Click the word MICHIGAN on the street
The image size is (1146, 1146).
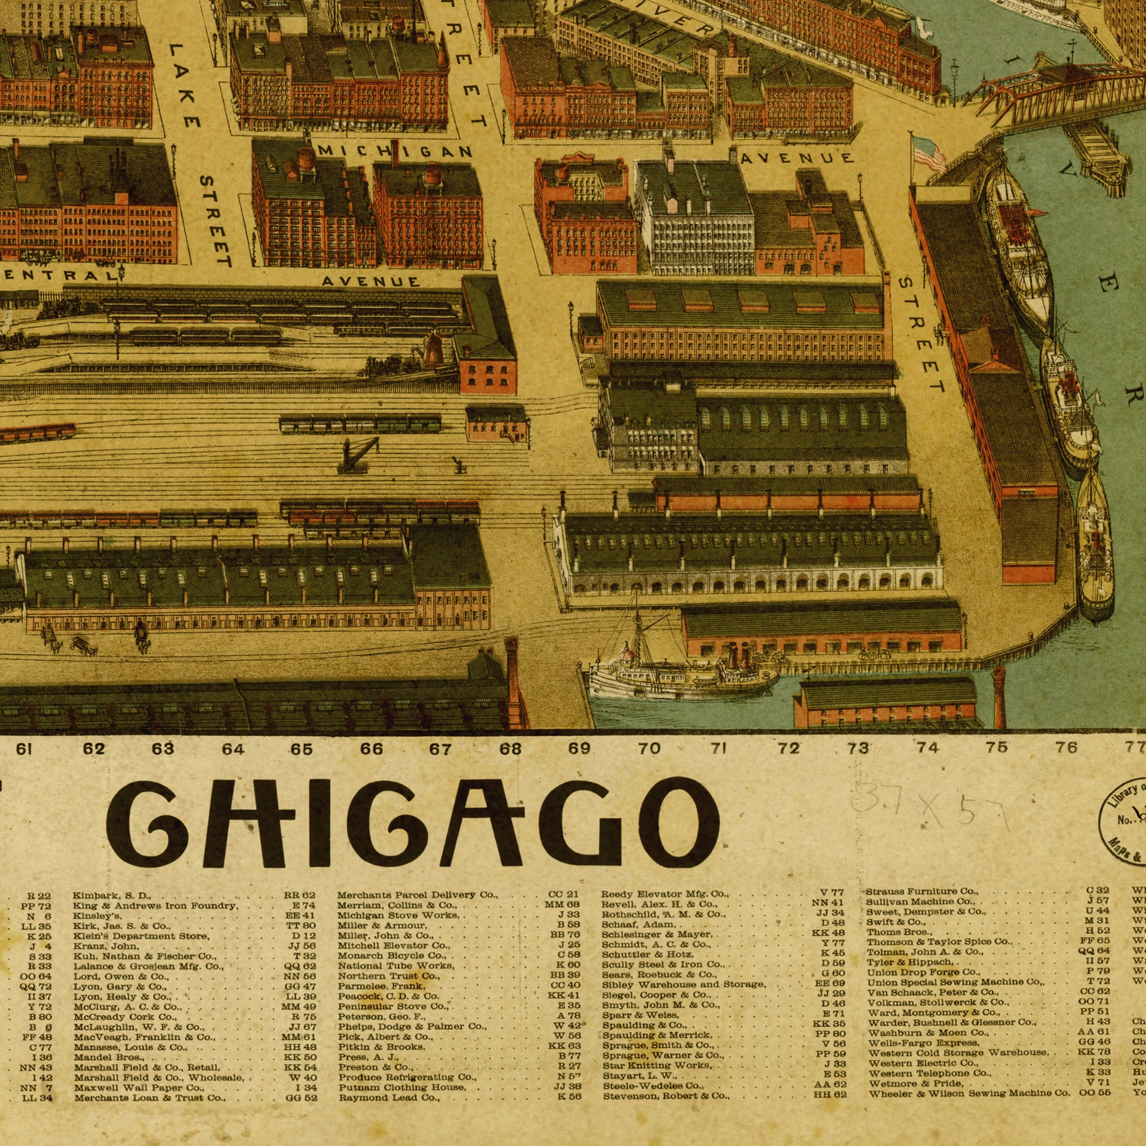(x=395, y=152)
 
